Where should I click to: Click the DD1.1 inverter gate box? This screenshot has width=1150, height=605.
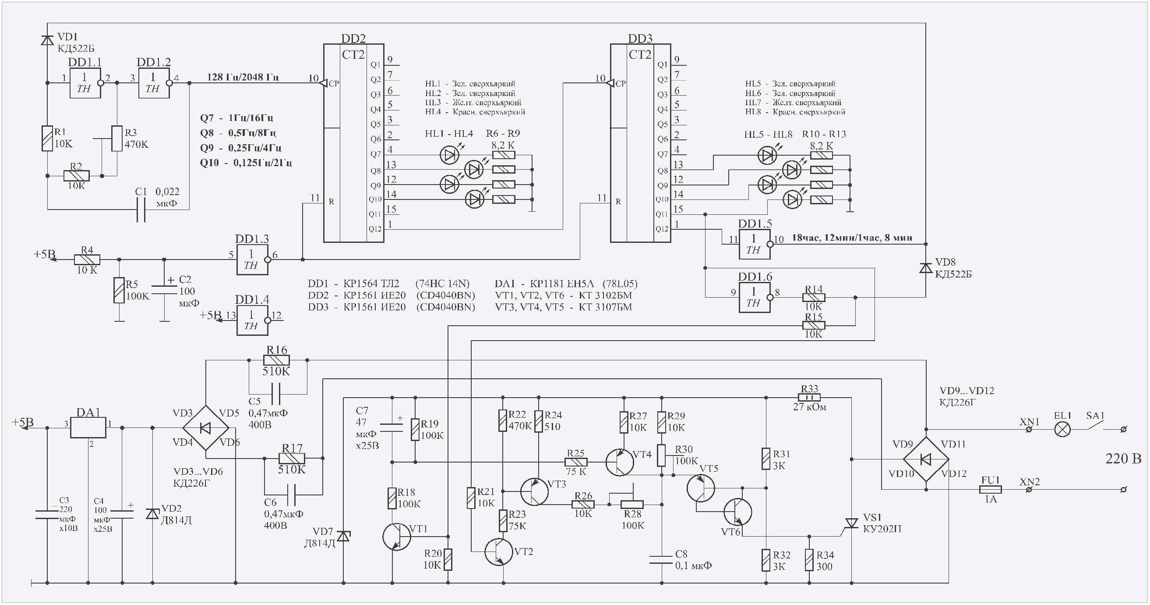coord(85,83)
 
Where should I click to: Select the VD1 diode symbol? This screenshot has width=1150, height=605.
coord(47,41)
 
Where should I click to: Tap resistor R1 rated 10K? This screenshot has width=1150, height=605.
coord(47,139)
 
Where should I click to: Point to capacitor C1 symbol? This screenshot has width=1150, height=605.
coord(141,210)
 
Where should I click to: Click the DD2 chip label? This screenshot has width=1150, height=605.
coord(353,39)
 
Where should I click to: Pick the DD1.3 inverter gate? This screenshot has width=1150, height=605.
coord(252,260)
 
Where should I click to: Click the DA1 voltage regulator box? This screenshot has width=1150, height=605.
coord(88,427)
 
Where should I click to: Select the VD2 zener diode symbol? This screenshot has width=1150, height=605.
coord(153,514)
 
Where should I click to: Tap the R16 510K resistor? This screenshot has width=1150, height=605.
coord(277,360)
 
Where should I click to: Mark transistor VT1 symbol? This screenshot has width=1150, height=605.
coord(396,537)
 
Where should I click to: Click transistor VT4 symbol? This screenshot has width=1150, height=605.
coord(620,462)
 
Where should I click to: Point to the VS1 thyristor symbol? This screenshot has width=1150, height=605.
coord(851,523)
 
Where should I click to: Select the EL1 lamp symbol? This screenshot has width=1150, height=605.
coord(1062,429)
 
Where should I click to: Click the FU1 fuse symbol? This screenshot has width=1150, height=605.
coord(990,490)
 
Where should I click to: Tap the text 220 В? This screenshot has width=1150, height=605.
coord(1123,459)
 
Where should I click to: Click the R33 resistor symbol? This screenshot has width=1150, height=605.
coord(809,397)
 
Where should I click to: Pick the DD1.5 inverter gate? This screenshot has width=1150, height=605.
coord(755,245)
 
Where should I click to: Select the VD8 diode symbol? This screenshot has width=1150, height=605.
coord(925,268)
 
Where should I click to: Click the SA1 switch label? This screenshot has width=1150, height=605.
coord(1095,416)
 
